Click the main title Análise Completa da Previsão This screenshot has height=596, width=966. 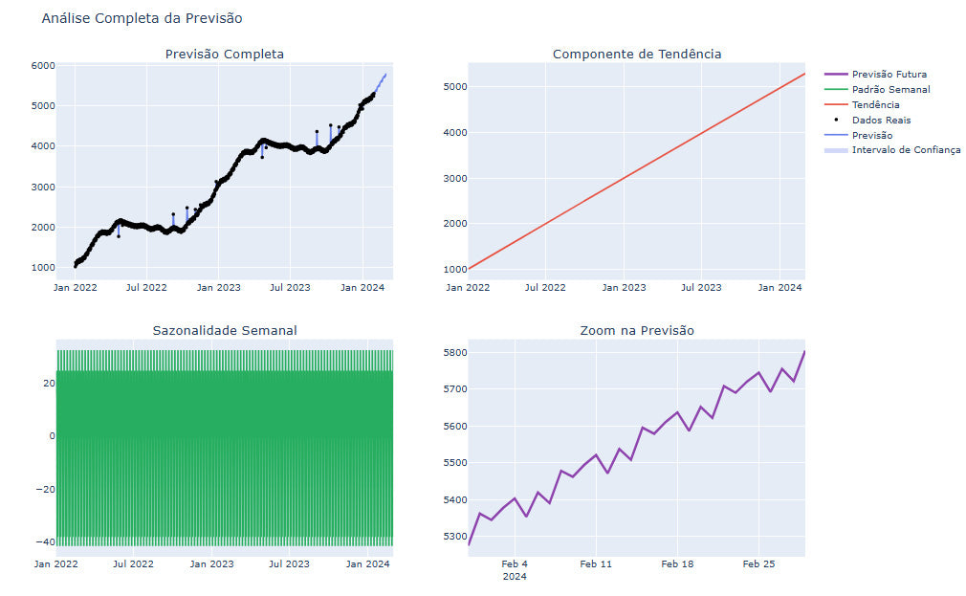tap(142, 18)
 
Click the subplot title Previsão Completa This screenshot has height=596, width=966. tap(224, 55)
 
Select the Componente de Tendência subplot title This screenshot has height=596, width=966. tap(636, 55)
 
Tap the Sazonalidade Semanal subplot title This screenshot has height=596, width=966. tap(224, 331)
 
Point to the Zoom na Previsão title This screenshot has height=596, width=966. tap(636, 331)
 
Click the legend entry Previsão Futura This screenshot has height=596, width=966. tap(889, 75)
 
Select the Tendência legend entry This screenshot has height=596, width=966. tap(875, 105)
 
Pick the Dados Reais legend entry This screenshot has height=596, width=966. tap(881, 121)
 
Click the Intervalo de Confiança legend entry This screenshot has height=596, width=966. tap(906, 150)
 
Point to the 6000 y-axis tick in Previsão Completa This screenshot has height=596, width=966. tap(42, 65)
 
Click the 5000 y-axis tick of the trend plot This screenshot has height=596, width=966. tap(453, 87)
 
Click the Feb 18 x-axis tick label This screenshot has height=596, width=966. tap(676, 564)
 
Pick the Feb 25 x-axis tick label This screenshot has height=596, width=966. tap(757, 564)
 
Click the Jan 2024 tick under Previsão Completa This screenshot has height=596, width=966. tap(362, 287)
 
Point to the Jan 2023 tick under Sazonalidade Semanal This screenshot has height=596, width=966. tap(211, 564)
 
